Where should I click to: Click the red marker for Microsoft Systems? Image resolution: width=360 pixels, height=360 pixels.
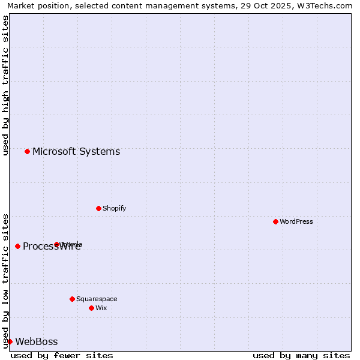(27, 151)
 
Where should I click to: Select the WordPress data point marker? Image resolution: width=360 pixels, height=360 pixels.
(275, 221)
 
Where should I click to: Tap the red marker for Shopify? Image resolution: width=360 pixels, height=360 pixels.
(98, 208)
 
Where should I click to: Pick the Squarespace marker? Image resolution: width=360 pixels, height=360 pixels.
(72, 299)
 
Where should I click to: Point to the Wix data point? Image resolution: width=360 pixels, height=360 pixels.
(91, 308)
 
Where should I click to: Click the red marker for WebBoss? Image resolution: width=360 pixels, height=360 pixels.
(10, 341)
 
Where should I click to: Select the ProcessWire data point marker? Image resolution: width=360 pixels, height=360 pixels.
(17, 246)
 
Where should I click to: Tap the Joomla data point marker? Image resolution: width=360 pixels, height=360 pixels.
(56, 244)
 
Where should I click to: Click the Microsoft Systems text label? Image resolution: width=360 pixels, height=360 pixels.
(76, 151)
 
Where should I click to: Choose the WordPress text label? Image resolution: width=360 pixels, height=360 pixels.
(296, 221)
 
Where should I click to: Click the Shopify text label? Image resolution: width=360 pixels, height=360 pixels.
(114, 208)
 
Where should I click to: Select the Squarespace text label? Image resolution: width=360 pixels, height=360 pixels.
(97, 299)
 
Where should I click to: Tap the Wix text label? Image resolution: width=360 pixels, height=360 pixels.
(101, 308)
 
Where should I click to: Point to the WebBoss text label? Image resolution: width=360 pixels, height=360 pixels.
(37, 341)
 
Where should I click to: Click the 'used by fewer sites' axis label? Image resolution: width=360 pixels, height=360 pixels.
(62, 355)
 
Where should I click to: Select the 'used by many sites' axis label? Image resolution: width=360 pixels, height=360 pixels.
(301, 355)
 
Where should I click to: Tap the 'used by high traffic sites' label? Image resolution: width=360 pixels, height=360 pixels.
(5, 85)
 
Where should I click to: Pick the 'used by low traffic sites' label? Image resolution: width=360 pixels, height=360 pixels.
(5, 281)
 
